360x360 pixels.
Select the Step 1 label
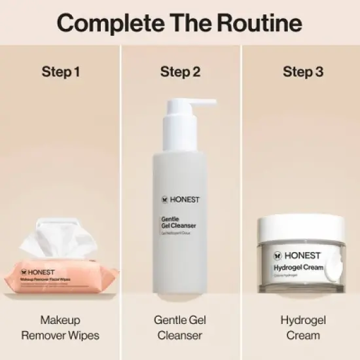click(60, 72)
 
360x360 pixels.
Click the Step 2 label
click(180, 72)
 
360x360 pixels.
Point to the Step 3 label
click(302, 72)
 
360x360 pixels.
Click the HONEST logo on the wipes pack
click(41, 271)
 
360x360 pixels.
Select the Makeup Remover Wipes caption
click(60, 327)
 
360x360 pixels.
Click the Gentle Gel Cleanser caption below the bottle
click(180, 327)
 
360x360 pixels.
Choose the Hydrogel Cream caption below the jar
click(302, 327)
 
